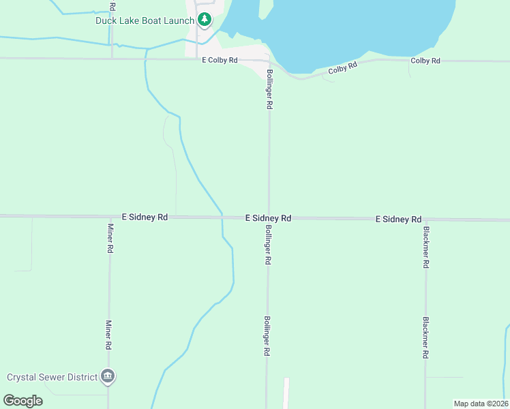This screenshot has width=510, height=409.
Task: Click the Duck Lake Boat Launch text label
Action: [144, 20]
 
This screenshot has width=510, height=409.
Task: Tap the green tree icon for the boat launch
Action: [203, 20]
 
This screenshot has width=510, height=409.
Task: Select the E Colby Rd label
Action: [220, 61]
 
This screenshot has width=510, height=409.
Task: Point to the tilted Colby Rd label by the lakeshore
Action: [342, 69]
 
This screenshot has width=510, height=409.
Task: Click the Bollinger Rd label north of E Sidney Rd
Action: [269, 89]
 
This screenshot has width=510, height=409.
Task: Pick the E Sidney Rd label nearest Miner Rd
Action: [145, 217]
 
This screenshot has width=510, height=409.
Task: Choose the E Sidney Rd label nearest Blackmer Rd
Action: [398, 219]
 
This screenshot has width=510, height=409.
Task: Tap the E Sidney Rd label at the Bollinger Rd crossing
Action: [269, 218]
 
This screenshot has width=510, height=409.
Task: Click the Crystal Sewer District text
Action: [52, 376]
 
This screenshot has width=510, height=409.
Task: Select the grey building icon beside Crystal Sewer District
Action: [108, 376]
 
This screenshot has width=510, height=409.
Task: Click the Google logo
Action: [23, 400]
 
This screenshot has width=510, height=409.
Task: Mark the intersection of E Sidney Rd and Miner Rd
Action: [109, 217]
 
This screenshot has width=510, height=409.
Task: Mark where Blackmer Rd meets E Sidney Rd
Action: [425, 219]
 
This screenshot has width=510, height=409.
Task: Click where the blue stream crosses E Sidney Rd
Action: [222, 217]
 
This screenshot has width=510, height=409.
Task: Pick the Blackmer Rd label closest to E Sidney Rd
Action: [425, 247]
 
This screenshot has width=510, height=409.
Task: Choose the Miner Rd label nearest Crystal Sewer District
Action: [109, 335]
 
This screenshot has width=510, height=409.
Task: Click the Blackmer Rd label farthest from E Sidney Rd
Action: [425, 338]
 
